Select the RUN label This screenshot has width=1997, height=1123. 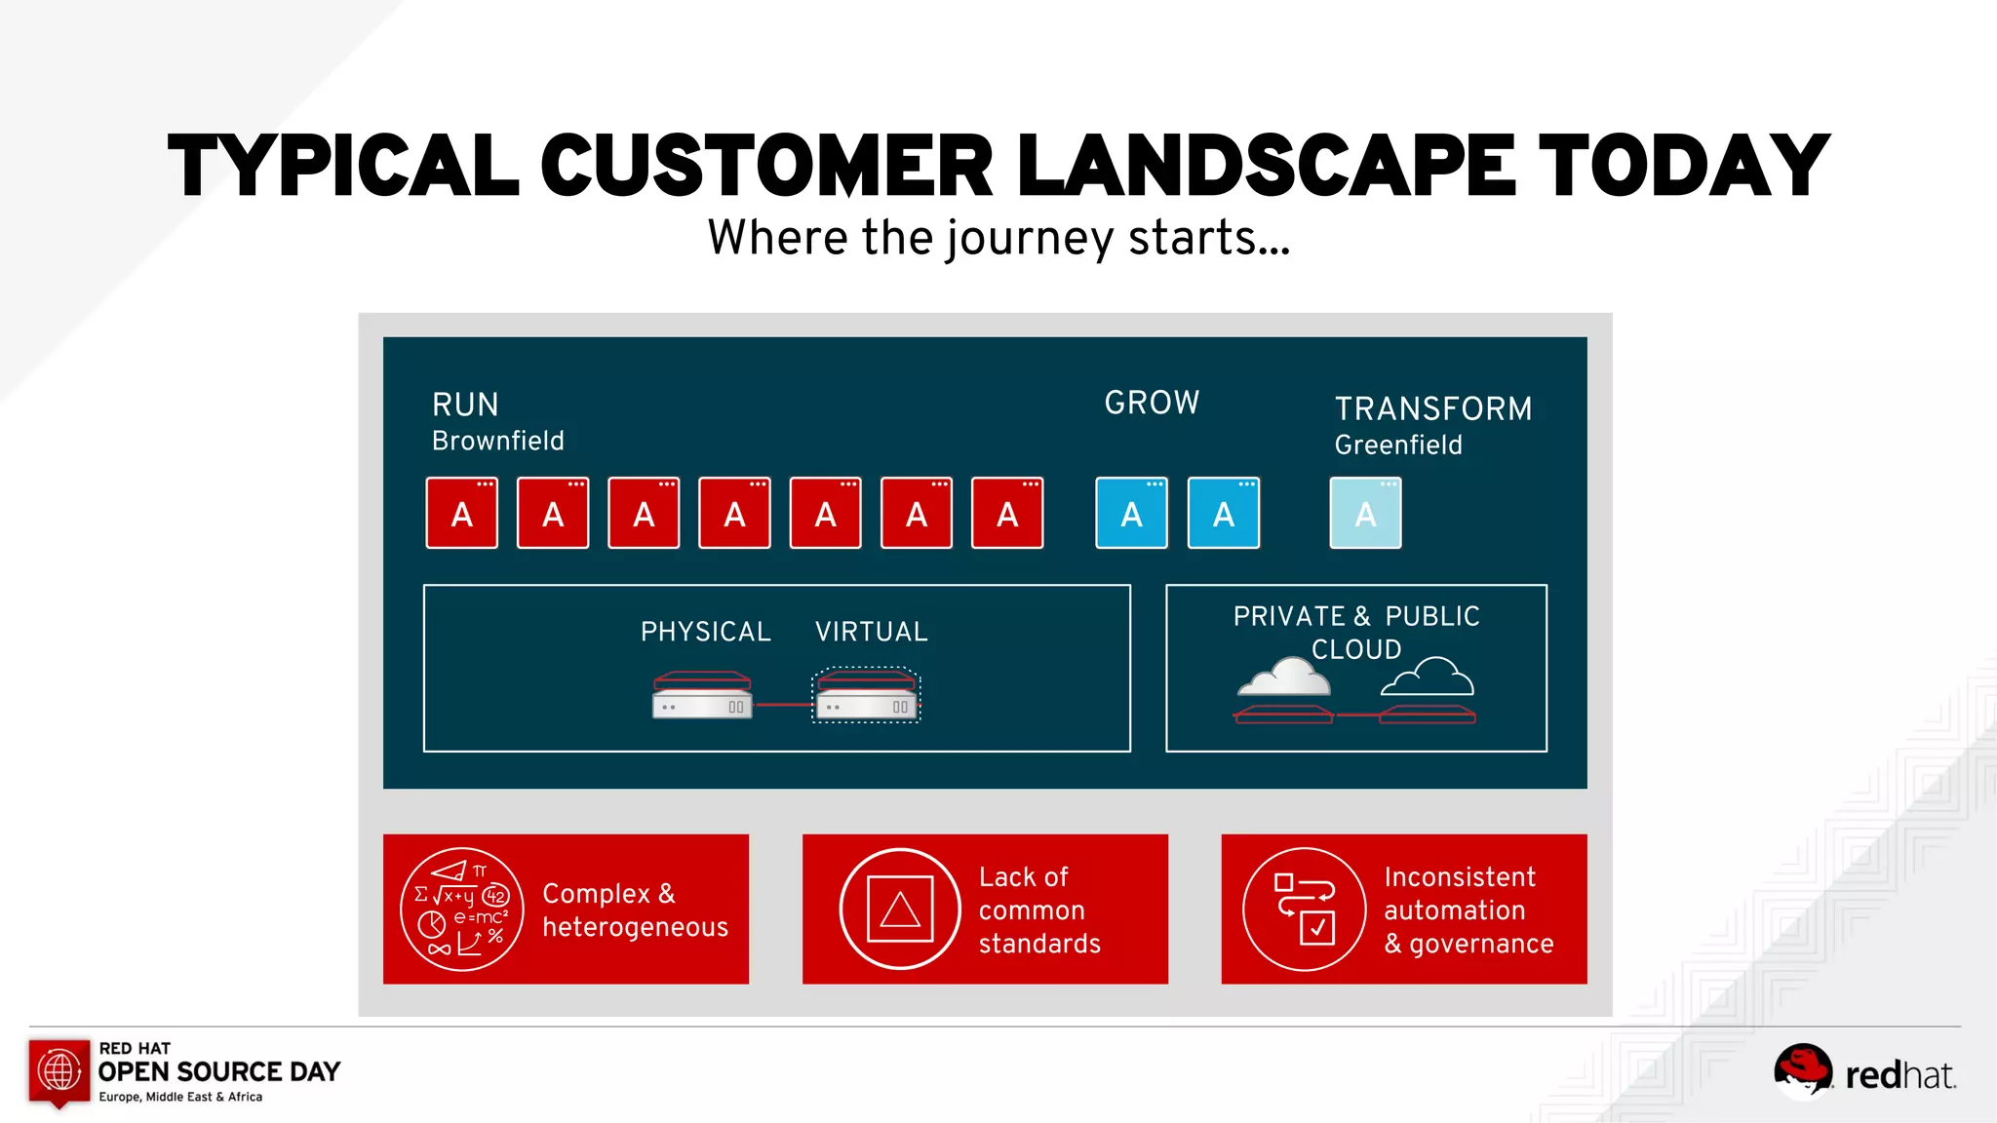(x=465, y=405)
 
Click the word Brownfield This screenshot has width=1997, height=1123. (x=497, y=441)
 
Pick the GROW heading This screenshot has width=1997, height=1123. (x=1152, y=403)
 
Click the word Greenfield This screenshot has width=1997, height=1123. (x=1397, y=445)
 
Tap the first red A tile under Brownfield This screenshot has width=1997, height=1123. (x=462, y=514)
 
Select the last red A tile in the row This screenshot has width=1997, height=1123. (x=1007, y=514)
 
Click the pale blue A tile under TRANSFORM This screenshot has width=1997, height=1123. (x=1365, y=514)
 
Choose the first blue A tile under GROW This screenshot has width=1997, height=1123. (x=1131, y=514)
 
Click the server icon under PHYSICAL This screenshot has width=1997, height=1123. (x=702, y=695)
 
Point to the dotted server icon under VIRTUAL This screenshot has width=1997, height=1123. (x=866, y=695)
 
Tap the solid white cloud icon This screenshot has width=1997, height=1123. (x=1284, y=677)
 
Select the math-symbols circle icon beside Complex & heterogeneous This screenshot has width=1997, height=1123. (x=462, y=910)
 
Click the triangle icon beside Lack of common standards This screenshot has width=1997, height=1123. (x=900, y=910)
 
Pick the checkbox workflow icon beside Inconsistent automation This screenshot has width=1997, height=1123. (x=1304, y=910)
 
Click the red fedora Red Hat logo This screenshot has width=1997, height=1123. (x=1802, y=1068)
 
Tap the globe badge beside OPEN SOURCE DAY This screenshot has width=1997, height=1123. (x=59, y=1071)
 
